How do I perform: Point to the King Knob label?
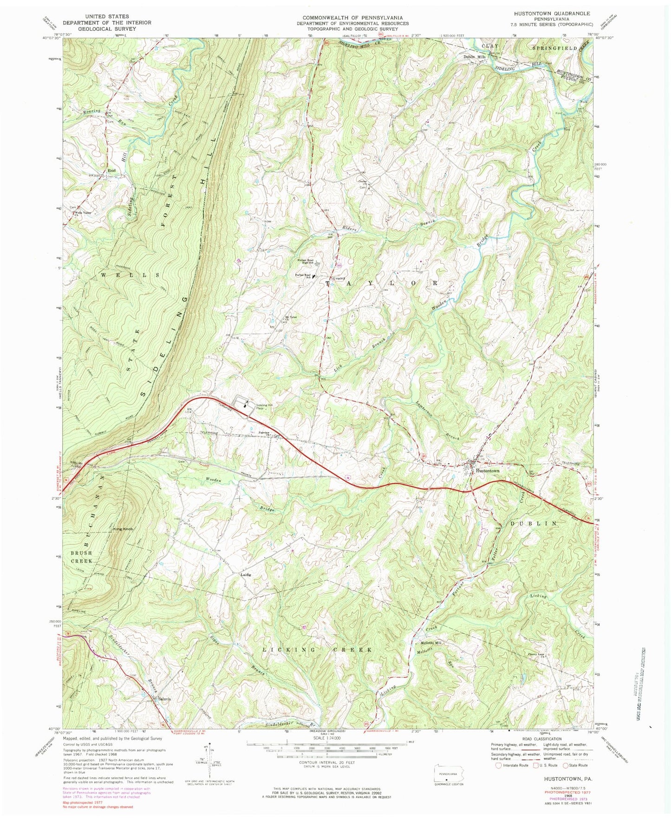123,529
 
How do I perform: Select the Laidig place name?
246,575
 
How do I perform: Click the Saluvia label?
165,698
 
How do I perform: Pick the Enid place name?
111,171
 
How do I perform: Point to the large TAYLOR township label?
383,282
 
